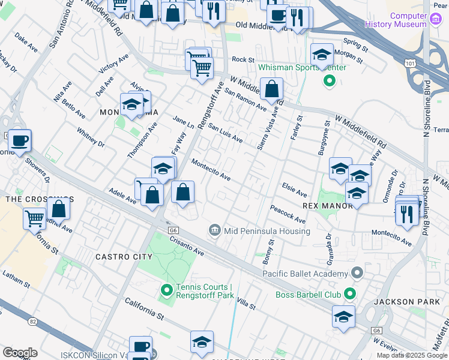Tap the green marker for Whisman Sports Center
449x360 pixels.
pyautogui.click(x=329, y=79)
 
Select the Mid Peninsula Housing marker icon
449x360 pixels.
pyautogui.click(x=215, y=230)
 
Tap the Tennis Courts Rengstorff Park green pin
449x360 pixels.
pyautogui.click(x=167, y=292)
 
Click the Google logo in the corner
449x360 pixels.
pyautogui.click(x=20, y=353)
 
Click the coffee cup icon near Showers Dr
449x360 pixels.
pyautogui.click(x=19, y=141)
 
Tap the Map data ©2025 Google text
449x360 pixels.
pyautogui.click(x=412, y=355)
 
